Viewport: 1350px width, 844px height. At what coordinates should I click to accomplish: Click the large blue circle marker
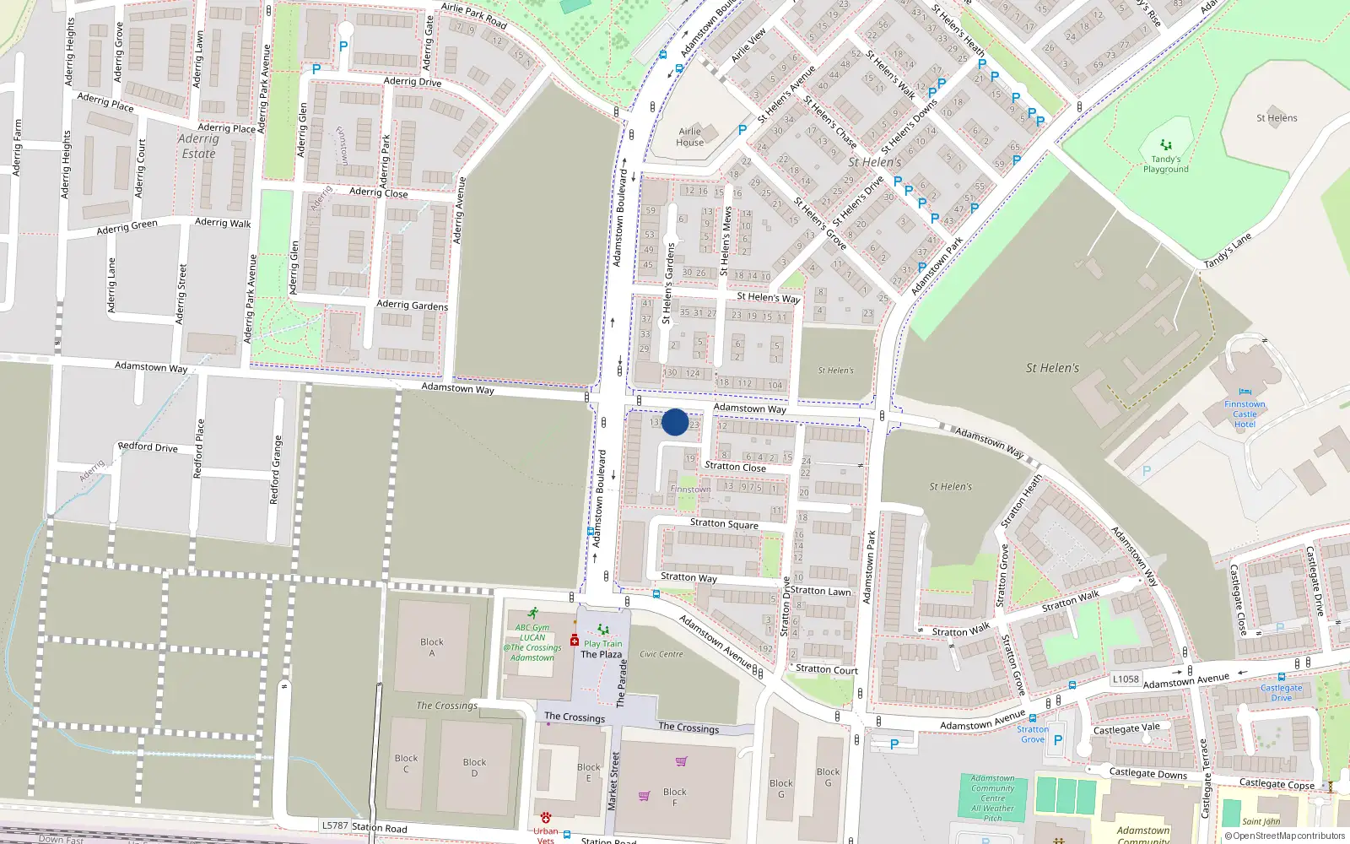click(x=675, y=422)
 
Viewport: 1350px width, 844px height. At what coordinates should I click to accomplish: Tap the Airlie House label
click(x=689, y=137)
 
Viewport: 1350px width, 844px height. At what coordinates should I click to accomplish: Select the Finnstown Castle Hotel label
click(x=1245, y=414)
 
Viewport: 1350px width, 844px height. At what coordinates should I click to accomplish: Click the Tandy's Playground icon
click(x=1166, y=145)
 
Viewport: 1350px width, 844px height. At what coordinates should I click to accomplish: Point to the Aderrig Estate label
click(x=198, y=146)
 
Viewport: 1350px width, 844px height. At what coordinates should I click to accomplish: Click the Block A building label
click(x=432, y=647)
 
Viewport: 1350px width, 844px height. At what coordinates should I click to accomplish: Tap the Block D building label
click(x=474, y=767)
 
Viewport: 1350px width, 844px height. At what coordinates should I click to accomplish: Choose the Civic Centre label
click(x=661, y=654)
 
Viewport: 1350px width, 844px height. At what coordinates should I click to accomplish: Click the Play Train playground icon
click(x=602, y=630)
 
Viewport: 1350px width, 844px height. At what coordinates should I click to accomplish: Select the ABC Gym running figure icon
click(x=533, y=614)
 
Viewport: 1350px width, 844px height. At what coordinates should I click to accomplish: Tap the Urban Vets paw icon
click(x=546, y=817)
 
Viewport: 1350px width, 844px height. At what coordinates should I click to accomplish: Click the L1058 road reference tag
click(x=1126, y=679)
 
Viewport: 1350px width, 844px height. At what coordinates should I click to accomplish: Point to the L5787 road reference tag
click(x=335, y=825)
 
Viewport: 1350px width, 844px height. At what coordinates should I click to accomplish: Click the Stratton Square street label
click(x=724, y=524)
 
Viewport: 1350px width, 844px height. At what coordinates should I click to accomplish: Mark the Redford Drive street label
click(x=148, y=446)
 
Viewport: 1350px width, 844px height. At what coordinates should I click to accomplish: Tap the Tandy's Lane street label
click(x=1228, y=252)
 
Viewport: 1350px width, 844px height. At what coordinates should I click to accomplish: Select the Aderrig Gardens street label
click(x=412, y=305)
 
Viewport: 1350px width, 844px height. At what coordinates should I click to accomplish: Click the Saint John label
click(x=1261, y=821)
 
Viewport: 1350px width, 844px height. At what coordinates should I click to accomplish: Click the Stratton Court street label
click(x=827, y=669)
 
